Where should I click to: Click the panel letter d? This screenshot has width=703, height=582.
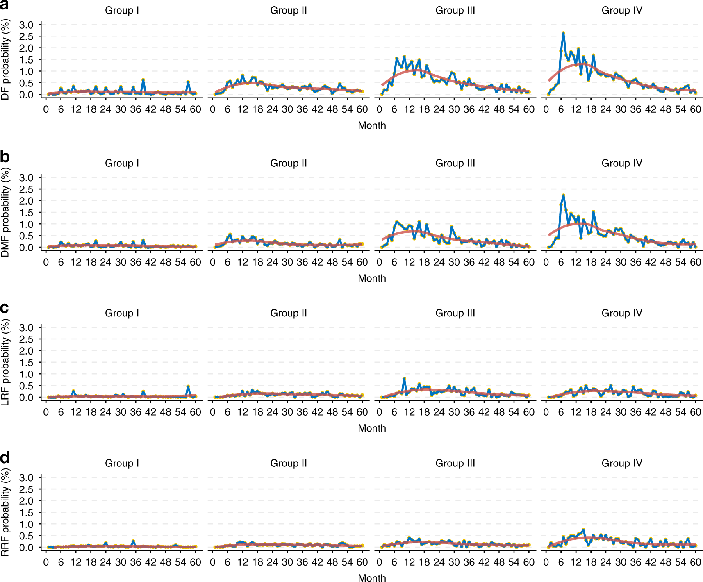point(5,457)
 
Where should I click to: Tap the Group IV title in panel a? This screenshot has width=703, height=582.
point(621,10)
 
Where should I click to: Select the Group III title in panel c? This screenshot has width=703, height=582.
point(455,313)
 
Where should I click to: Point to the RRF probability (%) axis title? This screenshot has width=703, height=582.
point(5,513)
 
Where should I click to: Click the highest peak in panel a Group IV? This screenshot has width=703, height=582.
point(563,33)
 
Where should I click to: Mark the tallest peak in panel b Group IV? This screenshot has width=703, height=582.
point(563,196)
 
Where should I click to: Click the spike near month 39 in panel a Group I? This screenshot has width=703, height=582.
point(143,80)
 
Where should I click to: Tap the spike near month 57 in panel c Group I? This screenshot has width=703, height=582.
point(188,386)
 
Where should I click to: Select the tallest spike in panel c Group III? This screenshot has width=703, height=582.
point(404,378)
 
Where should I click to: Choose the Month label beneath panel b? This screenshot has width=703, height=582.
point(372,278)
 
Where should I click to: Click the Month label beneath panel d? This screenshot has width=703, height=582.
point(372,578)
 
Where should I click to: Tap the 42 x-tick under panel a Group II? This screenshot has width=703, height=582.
point(317,109)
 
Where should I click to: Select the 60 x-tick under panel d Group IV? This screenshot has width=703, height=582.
point(695,562)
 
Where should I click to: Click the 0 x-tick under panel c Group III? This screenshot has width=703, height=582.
point(380,412)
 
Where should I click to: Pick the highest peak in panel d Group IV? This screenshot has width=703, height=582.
point(583,530)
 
